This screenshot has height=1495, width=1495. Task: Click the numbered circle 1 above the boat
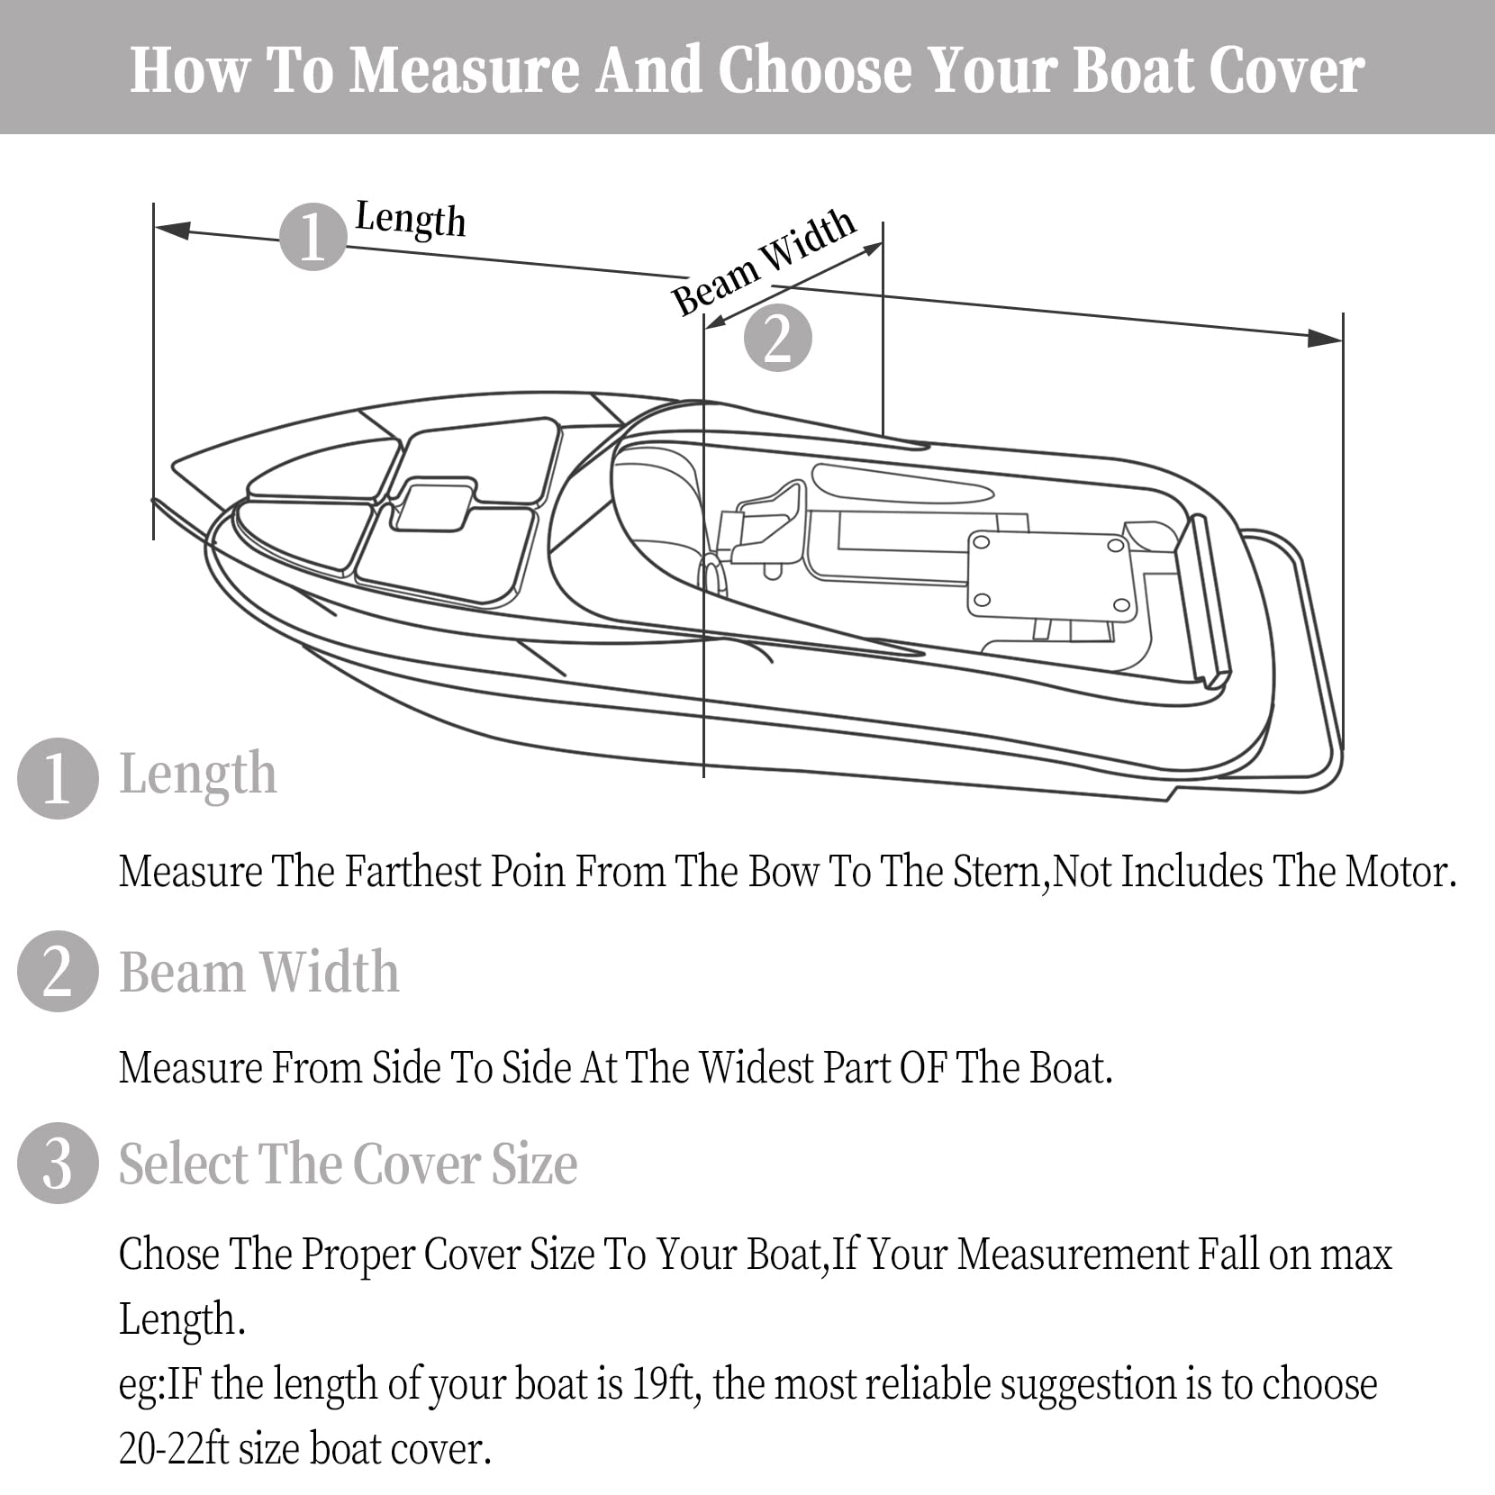313,237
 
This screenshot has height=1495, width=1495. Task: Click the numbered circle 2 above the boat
778,339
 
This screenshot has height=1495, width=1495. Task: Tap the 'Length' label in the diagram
411,219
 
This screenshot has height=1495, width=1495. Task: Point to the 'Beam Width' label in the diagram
764,261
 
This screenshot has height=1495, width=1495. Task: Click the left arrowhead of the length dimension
172,231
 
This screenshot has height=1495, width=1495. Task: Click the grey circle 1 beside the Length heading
58,778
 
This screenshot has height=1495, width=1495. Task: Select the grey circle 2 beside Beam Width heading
58,971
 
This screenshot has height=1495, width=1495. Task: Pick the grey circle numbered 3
58,1163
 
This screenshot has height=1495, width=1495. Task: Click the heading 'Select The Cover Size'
349,1164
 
